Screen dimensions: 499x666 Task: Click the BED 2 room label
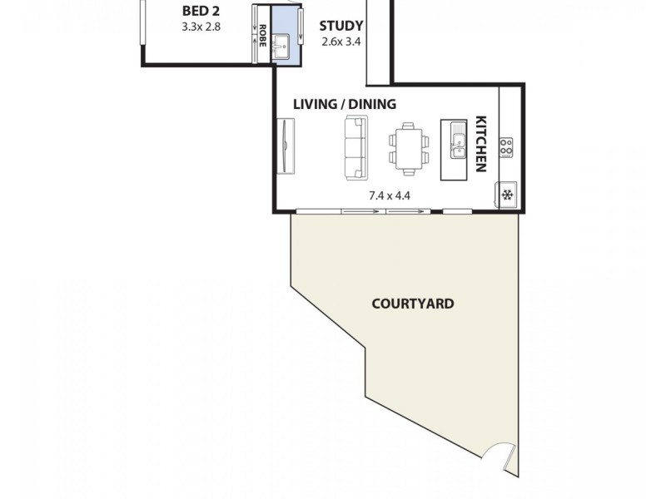click(201, 11)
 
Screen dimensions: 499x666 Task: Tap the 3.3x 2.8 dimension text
click(201, 27)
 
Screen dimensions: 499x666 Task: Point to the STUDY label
click(341, 26)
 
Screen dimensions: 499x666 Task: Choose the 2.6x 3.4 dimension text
click(341, 40)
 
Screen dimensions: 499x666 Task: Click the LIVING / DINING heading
click(344, 104)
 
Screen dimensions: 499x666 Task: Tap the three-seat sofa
click(355, 147)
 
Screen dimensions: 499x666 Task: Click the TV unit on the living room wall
click(286, 146)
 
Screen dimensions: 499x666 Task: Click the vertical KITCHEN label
click(480, 143)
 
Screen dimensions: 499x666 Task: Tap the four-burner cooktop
click(505, 147)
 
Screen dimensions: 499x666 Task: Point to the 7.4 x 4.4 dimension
click(390, 196)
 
